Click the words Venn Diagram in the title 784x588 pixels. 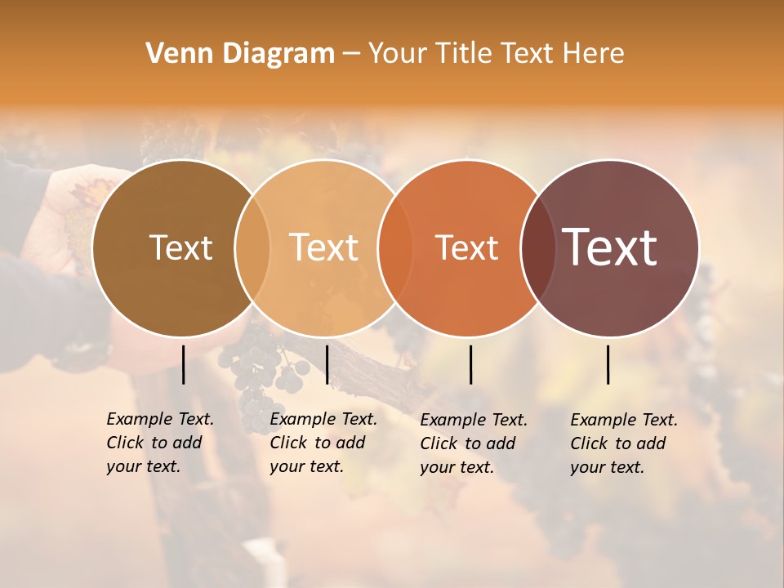tap(240, 54)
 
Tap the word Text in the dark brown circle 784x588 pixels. tap(180, 247)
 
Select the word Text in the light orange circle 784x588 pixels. tap(324, 247)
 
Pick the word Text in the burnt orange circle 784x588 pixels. tap(466, 247)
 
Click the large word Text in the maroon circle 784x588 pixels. tap(610, 247)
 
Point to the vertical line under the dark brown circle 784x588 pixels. tap(183, 364)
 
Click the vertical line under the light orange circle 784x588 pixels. tap(327, 364)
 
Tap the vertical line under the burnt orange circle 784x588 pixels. tap(471, 364)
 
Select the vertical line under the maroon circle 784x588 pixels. tap(608, 364)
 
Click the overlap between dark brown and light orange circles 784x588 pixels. tap(252, 247)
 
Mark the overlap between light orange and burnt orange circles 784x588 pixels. tap(395, 247)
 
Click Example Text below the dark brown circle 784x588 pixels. tap(160, 419)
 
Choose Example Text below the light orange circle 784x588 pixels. tap(323, 419)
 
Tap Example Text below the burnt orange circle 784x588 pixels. tap(474, 420)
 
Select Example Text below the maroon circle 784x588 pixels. tap(624, 420)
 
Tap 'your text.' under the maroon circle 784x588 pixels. tap(607, 467)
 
